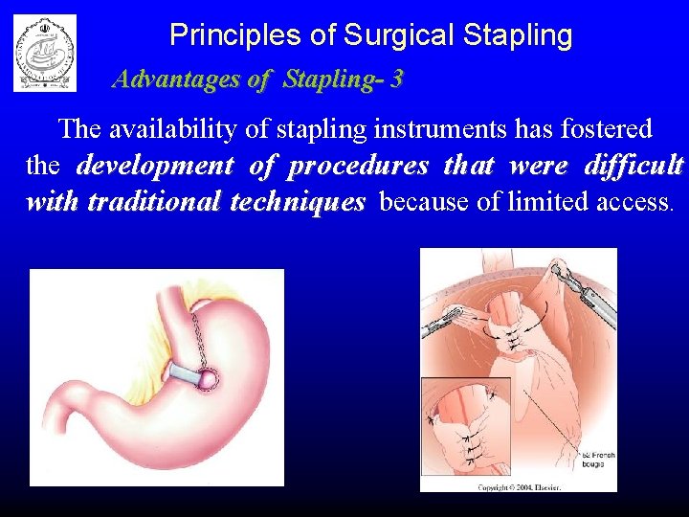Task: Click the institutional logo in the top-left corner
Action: pyautogui.click(x=44, y=53)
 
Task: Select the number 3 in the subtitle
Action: pyautogui.click(x=396, y=79)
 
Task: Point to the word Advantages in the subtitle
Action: pyautogui.click(x=177, y=79)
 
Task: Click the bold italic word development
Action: pyautogui.click(x=155, y=166)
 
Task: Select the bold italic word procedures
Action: pyautogui.click(x=359, y=166)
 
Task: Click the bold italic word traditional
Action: pyautogui.click(x=146, y=202)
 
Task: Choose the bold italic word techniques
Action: pyautogui.click(x=305, y=202)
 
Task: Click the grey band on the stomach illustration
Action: pyautogui.click(x=189, y=371)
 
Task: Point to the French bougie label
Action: pyautogui.click(x=597, y=458)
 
